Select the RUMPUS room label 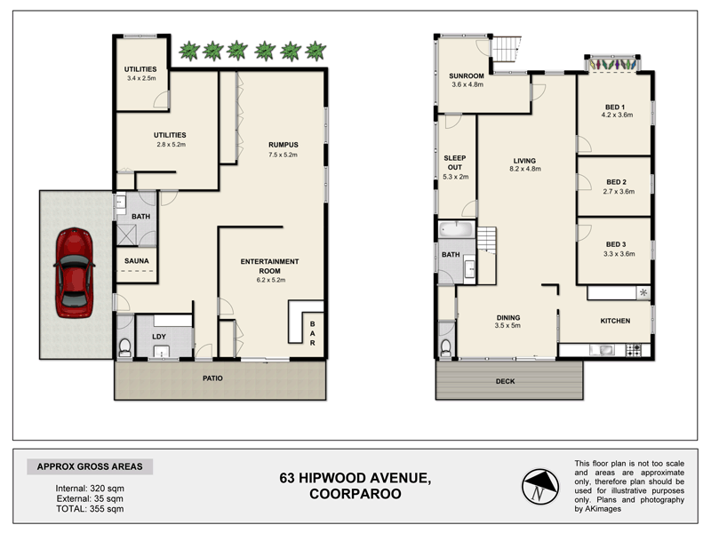284,145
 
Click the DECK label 505,381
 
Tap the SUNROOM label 467,76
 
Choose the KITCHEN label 614,322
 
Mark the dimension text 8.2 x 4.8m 525,169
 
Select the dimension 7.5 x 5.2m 284,155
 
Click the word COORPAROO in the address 355,495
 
